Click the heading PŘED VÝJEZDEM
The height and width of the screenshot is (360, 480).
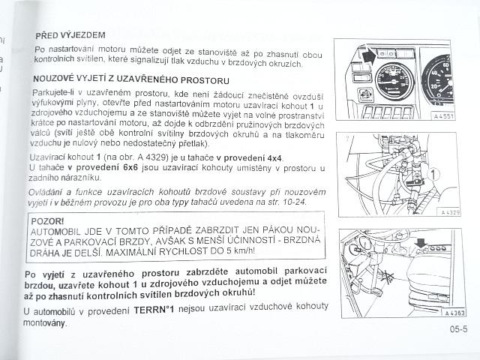coord(70,35)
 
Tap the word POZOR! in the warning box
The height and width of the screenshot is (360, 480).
coord(47,221)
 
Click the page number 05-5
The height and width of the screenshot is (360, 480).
coord(458,329)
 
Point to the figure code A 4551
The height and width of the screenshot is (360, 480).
coord(443,116)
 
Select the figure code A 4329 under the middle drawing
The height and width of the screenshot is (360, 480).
coord(450,212)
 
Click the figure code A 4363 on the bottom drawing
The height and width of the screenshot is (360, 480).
coord(454,313)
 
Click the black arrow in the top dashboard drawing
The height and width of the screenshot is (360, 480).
coord(369,56)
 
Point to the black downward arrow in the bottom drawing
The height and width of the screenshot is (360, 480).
coord(421,243)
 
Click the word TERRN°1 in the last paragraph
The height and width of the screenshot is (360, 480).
coord(154,310)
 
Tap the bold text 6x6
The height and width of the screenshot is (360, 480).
coord(130,167)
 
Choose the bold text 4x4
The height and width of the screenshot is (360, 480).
coord(274,158)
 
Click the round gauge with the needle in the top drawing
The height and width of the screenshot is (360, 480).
coord(394,82)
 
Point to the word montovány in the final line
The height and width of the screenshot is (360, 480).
coord(44,322)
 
